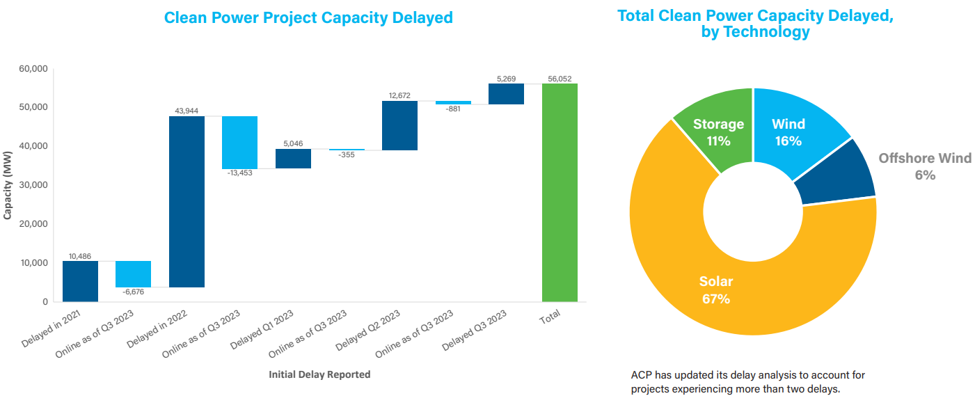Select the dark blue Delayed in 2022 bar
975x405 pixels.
coord(187,202)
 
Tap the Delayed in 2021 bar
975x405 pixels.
coord(80,281)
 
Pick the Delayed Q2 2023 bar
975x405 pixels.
coord(399,125)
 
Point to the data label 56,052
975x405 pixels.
coord(560,79)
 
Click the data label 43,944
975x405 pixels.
coord(187,111)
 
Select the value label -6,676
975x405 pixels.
coord(133,292)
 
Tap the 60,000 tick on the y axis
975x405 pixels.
coord(33,69)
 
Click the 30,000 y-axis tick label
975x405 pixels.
coord(33,185)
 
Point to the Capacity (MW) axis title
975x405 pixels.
coord(8,185)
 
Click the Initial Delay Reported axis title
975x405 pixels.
coord(319,374)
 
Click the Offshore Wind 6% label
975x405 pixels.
coord(924,166)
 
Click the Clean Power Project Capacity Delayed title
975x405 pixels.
coord(308,17)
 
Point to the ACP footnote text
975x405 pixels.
coord(747,382)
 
